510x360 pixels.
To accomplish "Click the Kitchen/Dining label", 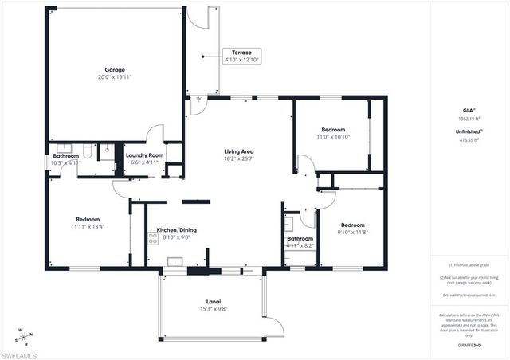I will [x=176, y=229].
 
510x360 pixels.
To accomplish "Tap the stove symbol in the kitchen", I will [x=152, y=237].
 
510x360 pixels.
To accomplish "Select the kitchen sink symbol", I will [x=175, y=260].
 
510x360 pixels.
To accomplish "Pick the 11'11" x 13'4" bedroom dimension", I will [x=88, y=227].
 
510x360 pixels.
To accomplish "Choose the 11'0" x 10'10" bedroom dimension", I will [x=333, y=137].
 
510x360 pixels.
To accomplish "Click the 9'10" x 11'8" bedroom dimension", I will [x=351, y=233].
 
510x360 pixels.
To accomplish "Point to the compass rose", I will [x=25, y=335].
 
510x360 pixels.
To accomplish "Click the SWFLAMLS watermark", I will [x=19, y=352].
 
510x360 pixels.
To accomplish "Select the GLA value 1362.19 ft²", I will [x=471, y=118].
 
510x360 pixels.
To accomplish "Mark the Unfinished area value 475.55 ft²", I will [x=471, y=140].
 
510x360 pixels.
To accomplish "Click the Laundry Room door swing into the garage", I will [x=156, y=133].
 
